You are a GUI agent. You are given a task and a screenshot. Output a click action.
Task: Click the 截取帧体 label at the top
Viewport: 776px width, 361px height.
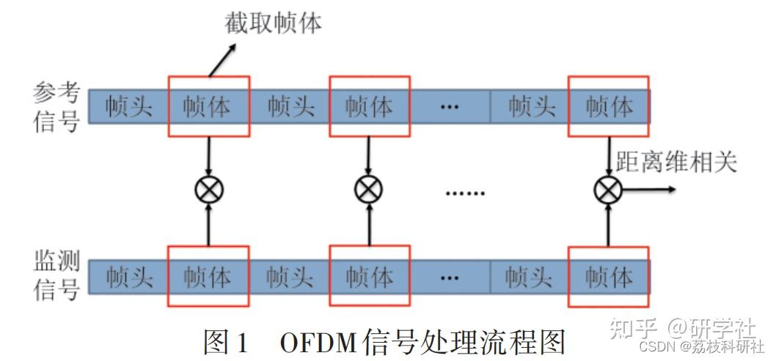pos(273,23)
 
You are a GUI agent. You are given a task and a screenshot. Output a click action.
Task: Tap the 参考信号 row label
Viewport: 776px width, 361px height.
pos(56,108)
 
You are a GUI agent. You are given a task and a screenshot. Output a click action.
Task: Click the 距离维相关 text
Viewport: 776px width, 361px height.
pos(676,163)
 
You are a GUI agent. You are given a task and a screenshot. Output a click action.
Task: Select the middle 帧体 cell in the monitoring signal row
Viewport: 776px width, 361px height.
pos(370,277)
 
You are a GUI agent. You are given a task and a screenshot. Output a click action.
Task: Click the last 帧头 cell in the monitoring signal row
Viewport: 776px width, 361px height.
pos(529,277)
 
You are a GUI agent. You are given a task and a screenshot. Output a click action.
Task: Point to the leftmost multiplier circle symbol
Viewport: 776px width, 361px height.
pos(209,190)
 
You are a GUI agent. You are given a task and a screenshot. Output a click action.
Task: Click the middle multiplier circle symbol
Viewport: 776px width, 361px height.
pos(369,190)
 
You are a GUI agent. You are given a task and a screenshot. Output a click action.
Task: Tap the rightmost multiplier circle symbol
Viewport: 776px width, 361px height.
pos(608,190)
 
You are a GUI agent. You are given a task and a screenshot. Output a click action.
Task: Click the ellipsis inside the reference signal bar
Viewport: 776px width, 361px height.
pos(450,107)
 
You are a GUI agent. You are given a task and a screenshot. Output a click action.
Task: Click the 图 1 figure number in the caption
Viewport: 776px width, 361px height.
pos(225,342)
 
